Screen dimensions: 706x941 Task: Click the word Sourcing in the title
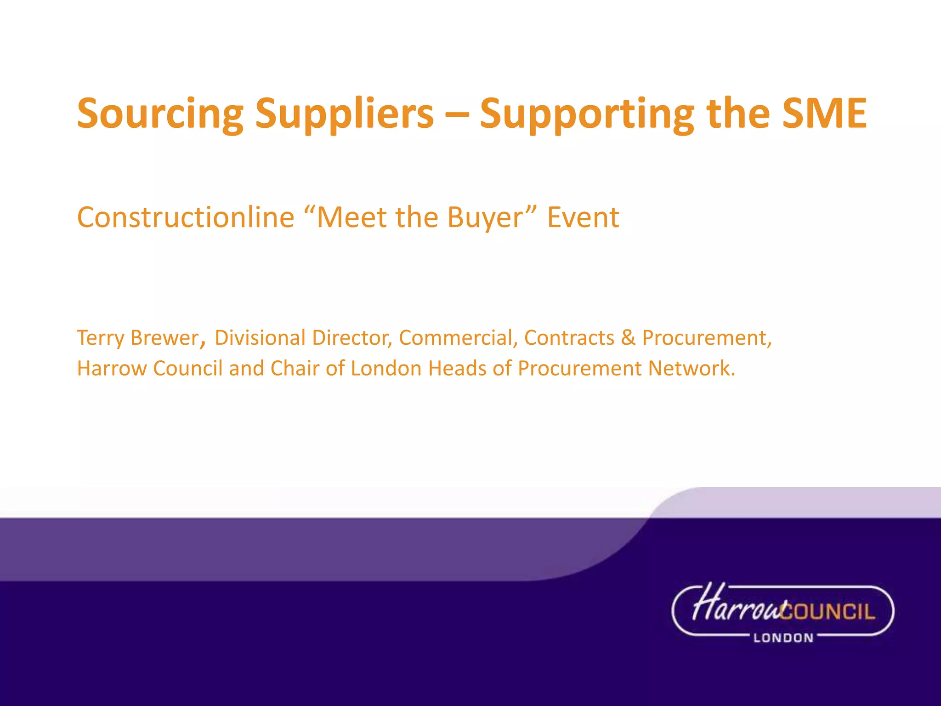(x=160, y=114)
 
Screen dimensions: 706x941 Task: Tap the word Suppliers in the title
(x=344, y=114)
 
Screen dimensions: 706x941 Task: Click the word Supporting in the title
(x=587, y=114)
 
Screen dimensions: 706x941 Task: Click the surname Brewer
(x=164, y=338)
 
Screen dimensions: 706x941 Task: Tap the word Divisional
(x=260, y=338)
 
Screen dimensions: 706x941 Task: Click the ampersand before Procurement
(x=628, y=338)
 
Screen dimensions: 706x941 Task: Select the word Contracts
(x=569, y=338)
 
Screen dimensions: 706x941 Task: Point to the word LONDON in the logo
(x=783, y=638)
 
